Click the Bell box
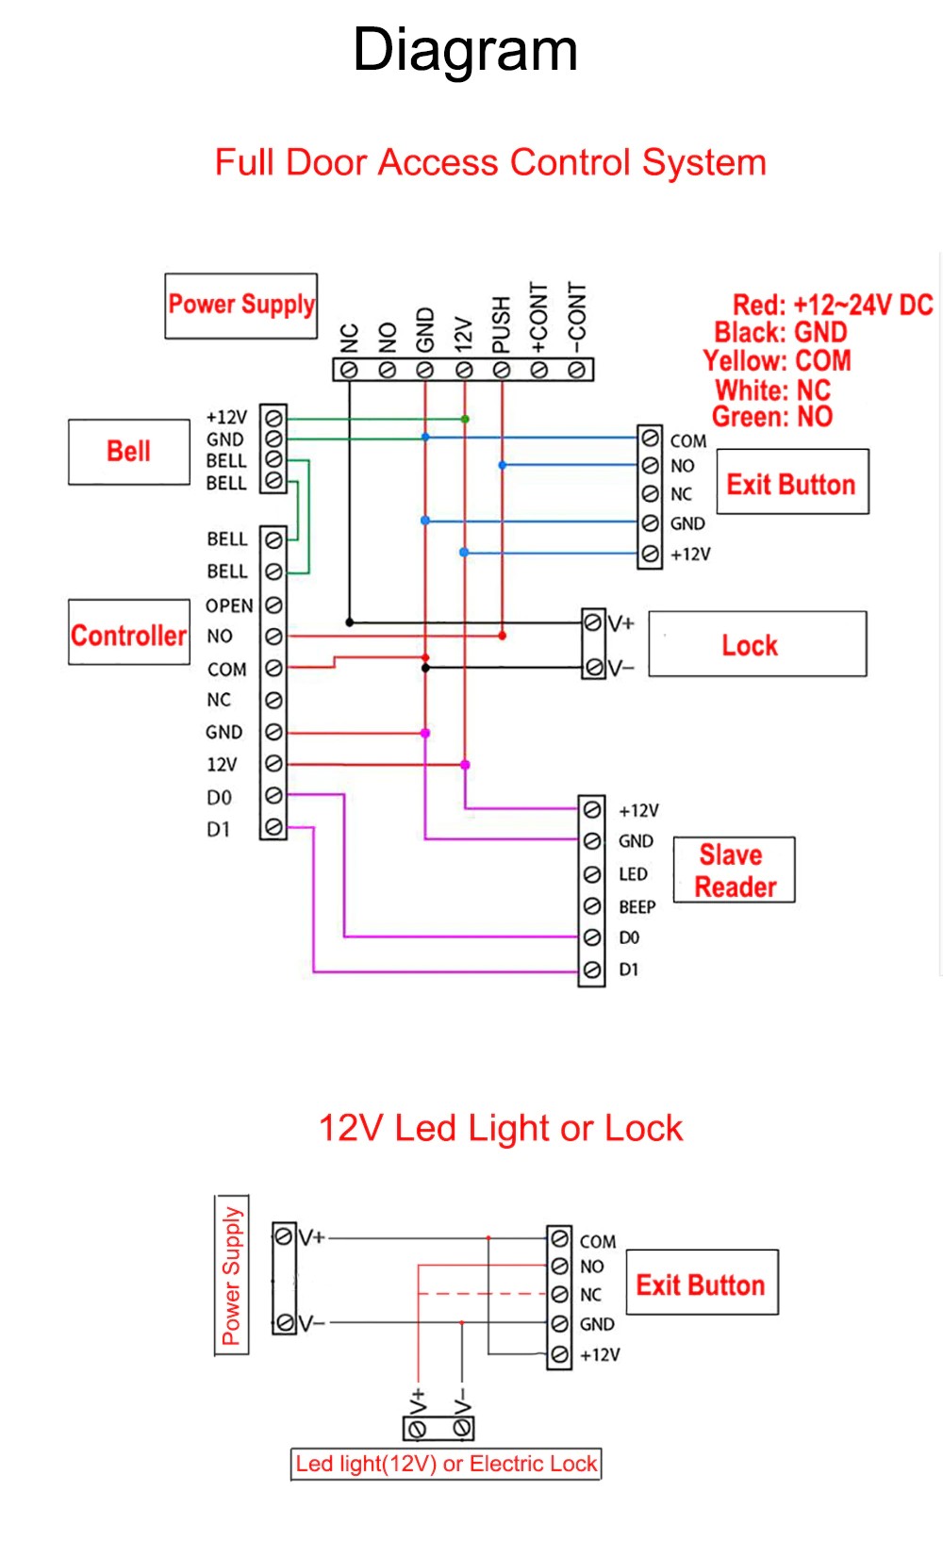pyautogui.click(x=129, y=452)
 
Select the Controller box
pyautogui.click(x=129, y=634)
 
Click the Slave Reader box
pyautogui.click(x=735, y=870)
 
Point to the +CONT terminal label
pyautogui.click(x=539, y=316)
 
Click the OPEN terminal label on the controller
pyautogui.click(x=229, y=605)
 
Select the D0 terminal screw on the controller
pyautogui.click(x=273, y=796)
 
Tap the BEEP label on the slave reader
pyautogui.click(x=637, y=907)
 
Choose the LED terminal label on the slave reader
pyautogui.click(x=633, y=874)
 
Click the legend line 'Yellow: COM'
pyautogui.click(x=777, y=361)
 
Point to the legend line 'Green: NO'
pyautogui.click(x=772, y=417)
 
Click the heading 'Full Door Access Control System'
pyautogui.click(x=490, y=162)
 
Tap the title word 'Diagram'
pyautogui.click(x=465, y=50)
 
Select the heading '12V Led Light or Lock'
pyautogui.click(x=500, y=1128)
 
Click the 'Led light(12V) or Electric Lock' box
pyautogui.click(x=446, y=1464)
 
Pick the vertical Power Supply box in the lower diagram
pyautogui.click(x=232, y=1275)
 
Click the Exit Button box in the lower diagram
pyautogui.click(x=702, y=1284)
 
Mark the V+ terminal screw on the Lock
pyautogui.click(x=592, y=622)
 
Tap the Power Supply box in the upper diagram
pyautogui.click(x=241, y=306)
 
